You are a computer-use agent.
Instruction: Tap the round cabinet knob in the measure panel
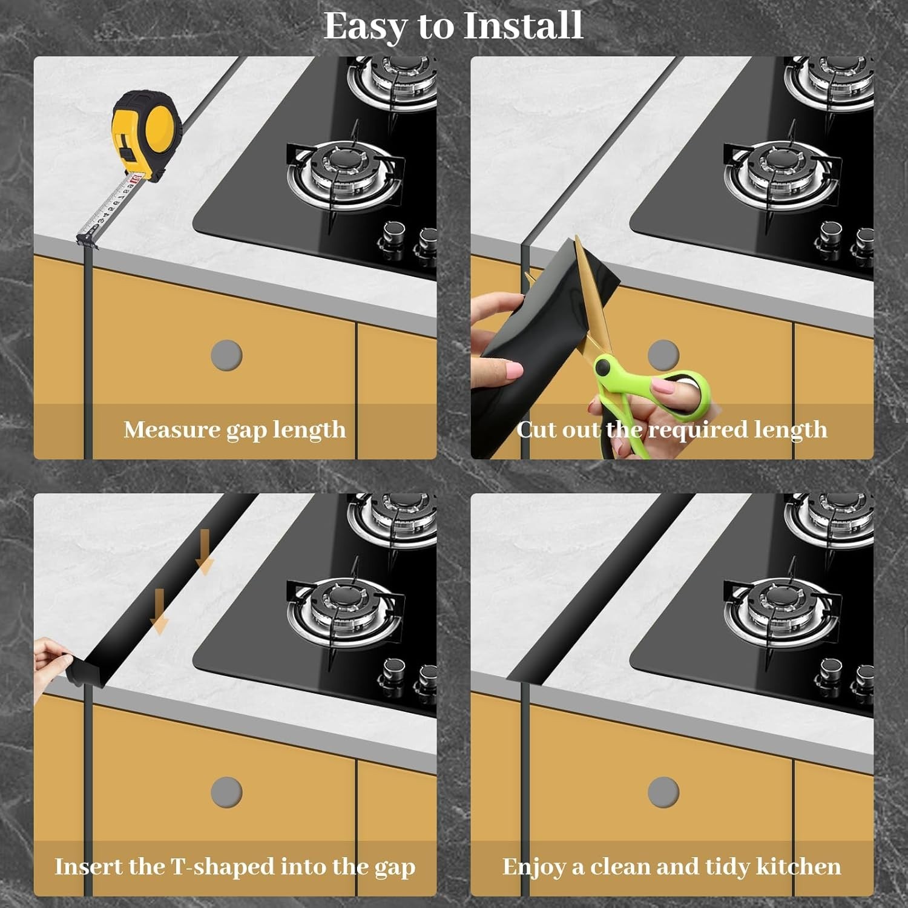pyautogui.click(x=226, y=355)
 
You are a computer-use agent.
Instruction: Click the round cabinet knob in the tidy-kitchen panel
pyautogui.click(x=663, y=792)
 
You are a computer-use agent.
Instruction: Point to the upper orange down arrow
pyautogui.click(x=205, y=551)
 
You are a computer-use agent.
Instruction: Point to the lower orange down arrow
pyautogui.click(x=159, y=611)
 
